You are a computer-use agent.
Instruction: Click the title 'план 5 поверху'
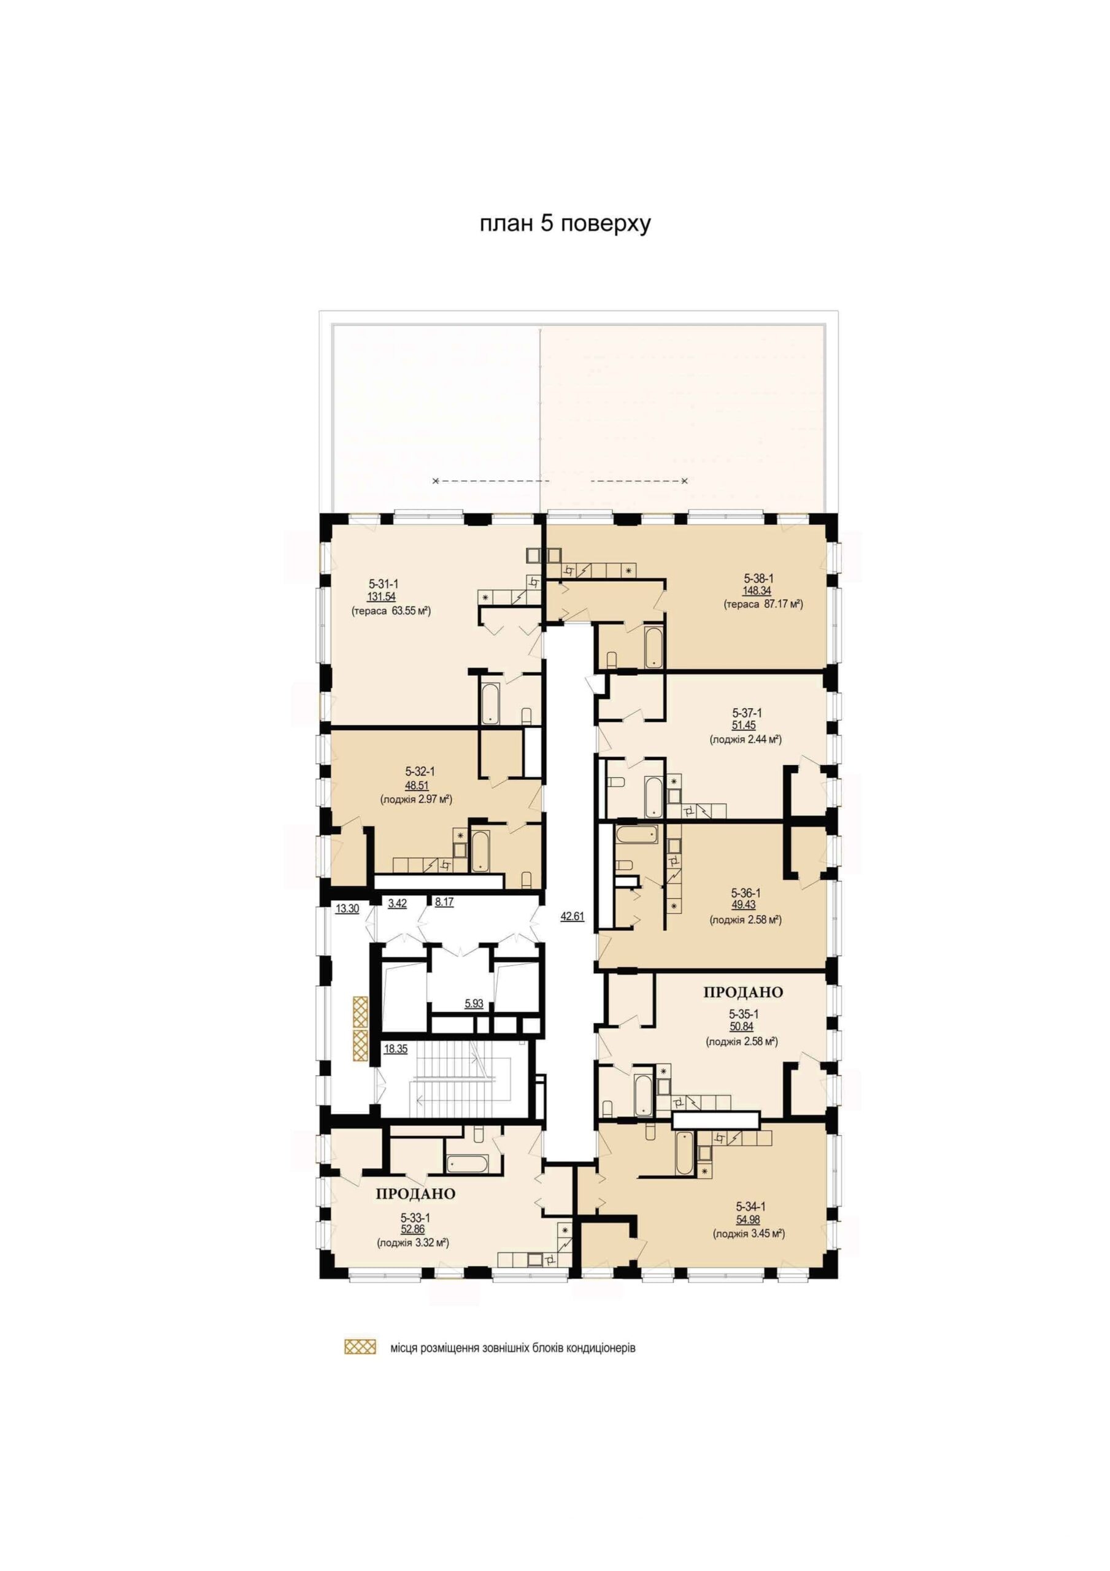tap(565, 225)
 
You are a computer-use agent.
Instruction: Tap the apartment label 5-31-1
tap(383, 584)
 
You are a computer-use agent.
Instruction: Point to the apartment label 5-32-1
tap(420, 771)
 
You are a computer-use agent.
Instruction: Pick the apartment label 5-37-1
tap(747, 712)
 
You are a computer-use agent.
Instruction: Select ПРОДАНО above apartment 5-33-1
tap(415, 1194)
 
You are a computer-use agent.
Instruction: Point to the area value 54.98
tap(748, 1219)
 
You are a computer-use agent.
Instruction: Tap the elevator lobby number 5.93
tap(474, 1004)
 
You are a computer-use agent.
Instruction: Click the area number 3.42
tap(398, 903)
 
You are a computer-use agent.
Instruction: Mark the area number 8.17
tap(444, 902)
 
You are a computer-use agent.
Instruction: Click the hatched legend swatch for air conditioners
tap(360, 1346)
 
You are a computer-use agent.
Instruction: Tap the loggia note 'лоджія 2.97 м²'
tap(416, 798)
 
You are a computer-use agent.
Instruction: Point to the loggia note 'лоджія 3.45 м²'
tap(749, 1233)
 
